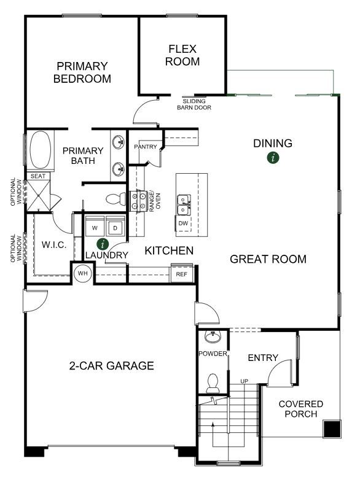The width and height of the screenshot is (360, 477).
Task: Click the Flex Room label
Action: click(182, 55)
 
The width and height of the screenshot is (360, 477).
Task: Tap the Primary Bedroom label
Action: click(82, 72)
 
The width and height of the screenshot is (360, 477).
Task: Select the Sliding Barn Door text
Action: click(194, 104)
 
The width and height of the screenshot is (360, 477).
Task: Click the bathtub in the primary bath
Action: click(41, 150)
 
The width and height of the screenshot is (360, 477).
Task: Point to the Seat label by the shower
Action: click(38, 176)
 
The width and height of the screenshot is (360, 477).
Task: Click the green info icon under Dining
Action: click(273, 158)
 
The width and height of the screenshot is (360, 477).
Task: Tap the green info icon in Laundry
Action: click(103, 244)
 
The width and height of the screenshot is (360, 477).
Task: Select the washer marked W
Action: click(95, 227)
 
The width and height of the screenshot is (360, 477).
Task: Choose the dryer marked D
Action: click(115, 227)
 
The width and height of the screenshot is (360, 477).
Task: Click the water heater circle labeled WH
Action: click(83, 273)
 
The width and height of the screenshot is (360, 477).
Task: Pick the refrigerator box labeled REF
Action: click(182, 274)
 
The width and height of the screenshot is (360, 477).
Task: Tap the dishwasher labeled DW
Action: click(183, 223)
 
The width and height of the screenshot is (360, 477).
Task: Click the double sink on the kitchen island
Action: click(184, 204)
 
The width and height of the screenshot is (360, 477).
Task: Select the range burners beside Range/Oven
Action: click(138, 201)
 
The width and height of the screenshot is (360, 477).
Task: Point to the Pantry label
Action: click(146, 147)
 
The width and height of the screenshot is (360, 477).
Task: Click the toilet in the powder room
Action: click(213, 383)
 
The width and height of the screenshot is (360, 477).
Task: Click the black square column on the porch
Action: click(332, 429)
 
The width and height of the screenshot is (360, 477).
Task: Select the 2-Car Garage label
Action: click(112, 365)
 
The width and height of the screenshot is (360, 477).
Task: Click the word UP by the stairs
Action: click(244, 381)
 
